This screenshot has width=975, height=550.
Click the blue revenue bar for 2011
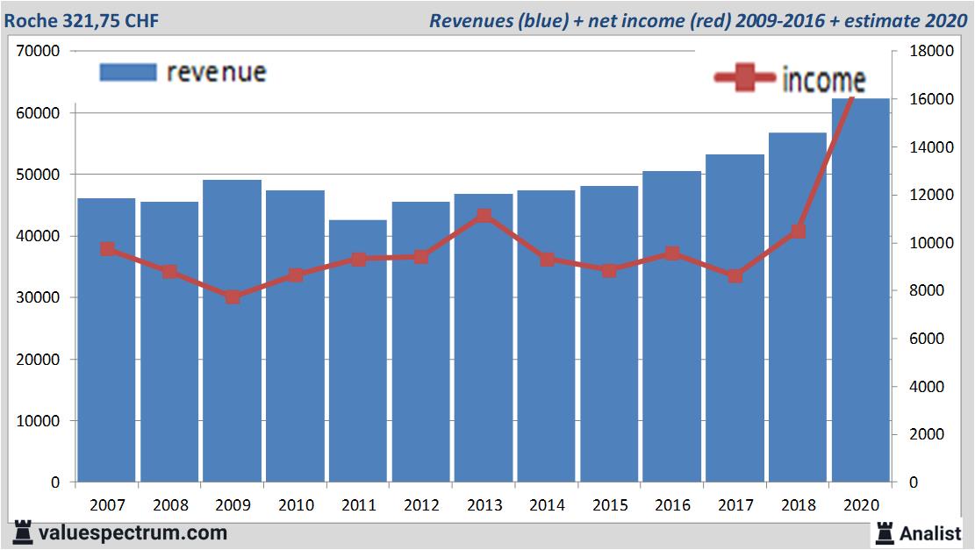pos(358,351)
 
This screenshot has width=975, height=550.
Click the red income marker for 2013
pos(484,216)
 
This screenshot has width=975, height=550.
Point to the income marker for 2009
pos(233,296)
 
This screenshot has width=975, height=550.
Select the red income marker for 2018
pos(798,232)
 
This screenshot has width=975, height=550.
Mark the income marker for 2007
pos(107,249)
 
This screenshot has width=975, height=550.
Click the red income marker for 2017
pos(735,275)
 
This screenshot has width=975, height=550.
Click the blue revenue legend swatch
pos(128,72)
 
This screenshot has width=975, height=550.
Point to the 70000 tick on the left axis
pos(38,51)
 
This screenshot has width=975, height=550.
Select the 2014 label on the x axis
pos(547,505)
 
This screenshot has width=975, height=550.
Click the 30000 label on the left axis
pos(38,298)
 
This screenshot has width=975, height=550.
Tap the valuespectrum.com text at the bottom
pos(132,532)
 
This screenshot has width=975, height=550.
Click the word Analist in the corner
pos(930,532)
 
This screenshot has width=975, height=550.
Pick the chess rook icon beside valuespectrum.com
pos(23,532)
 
